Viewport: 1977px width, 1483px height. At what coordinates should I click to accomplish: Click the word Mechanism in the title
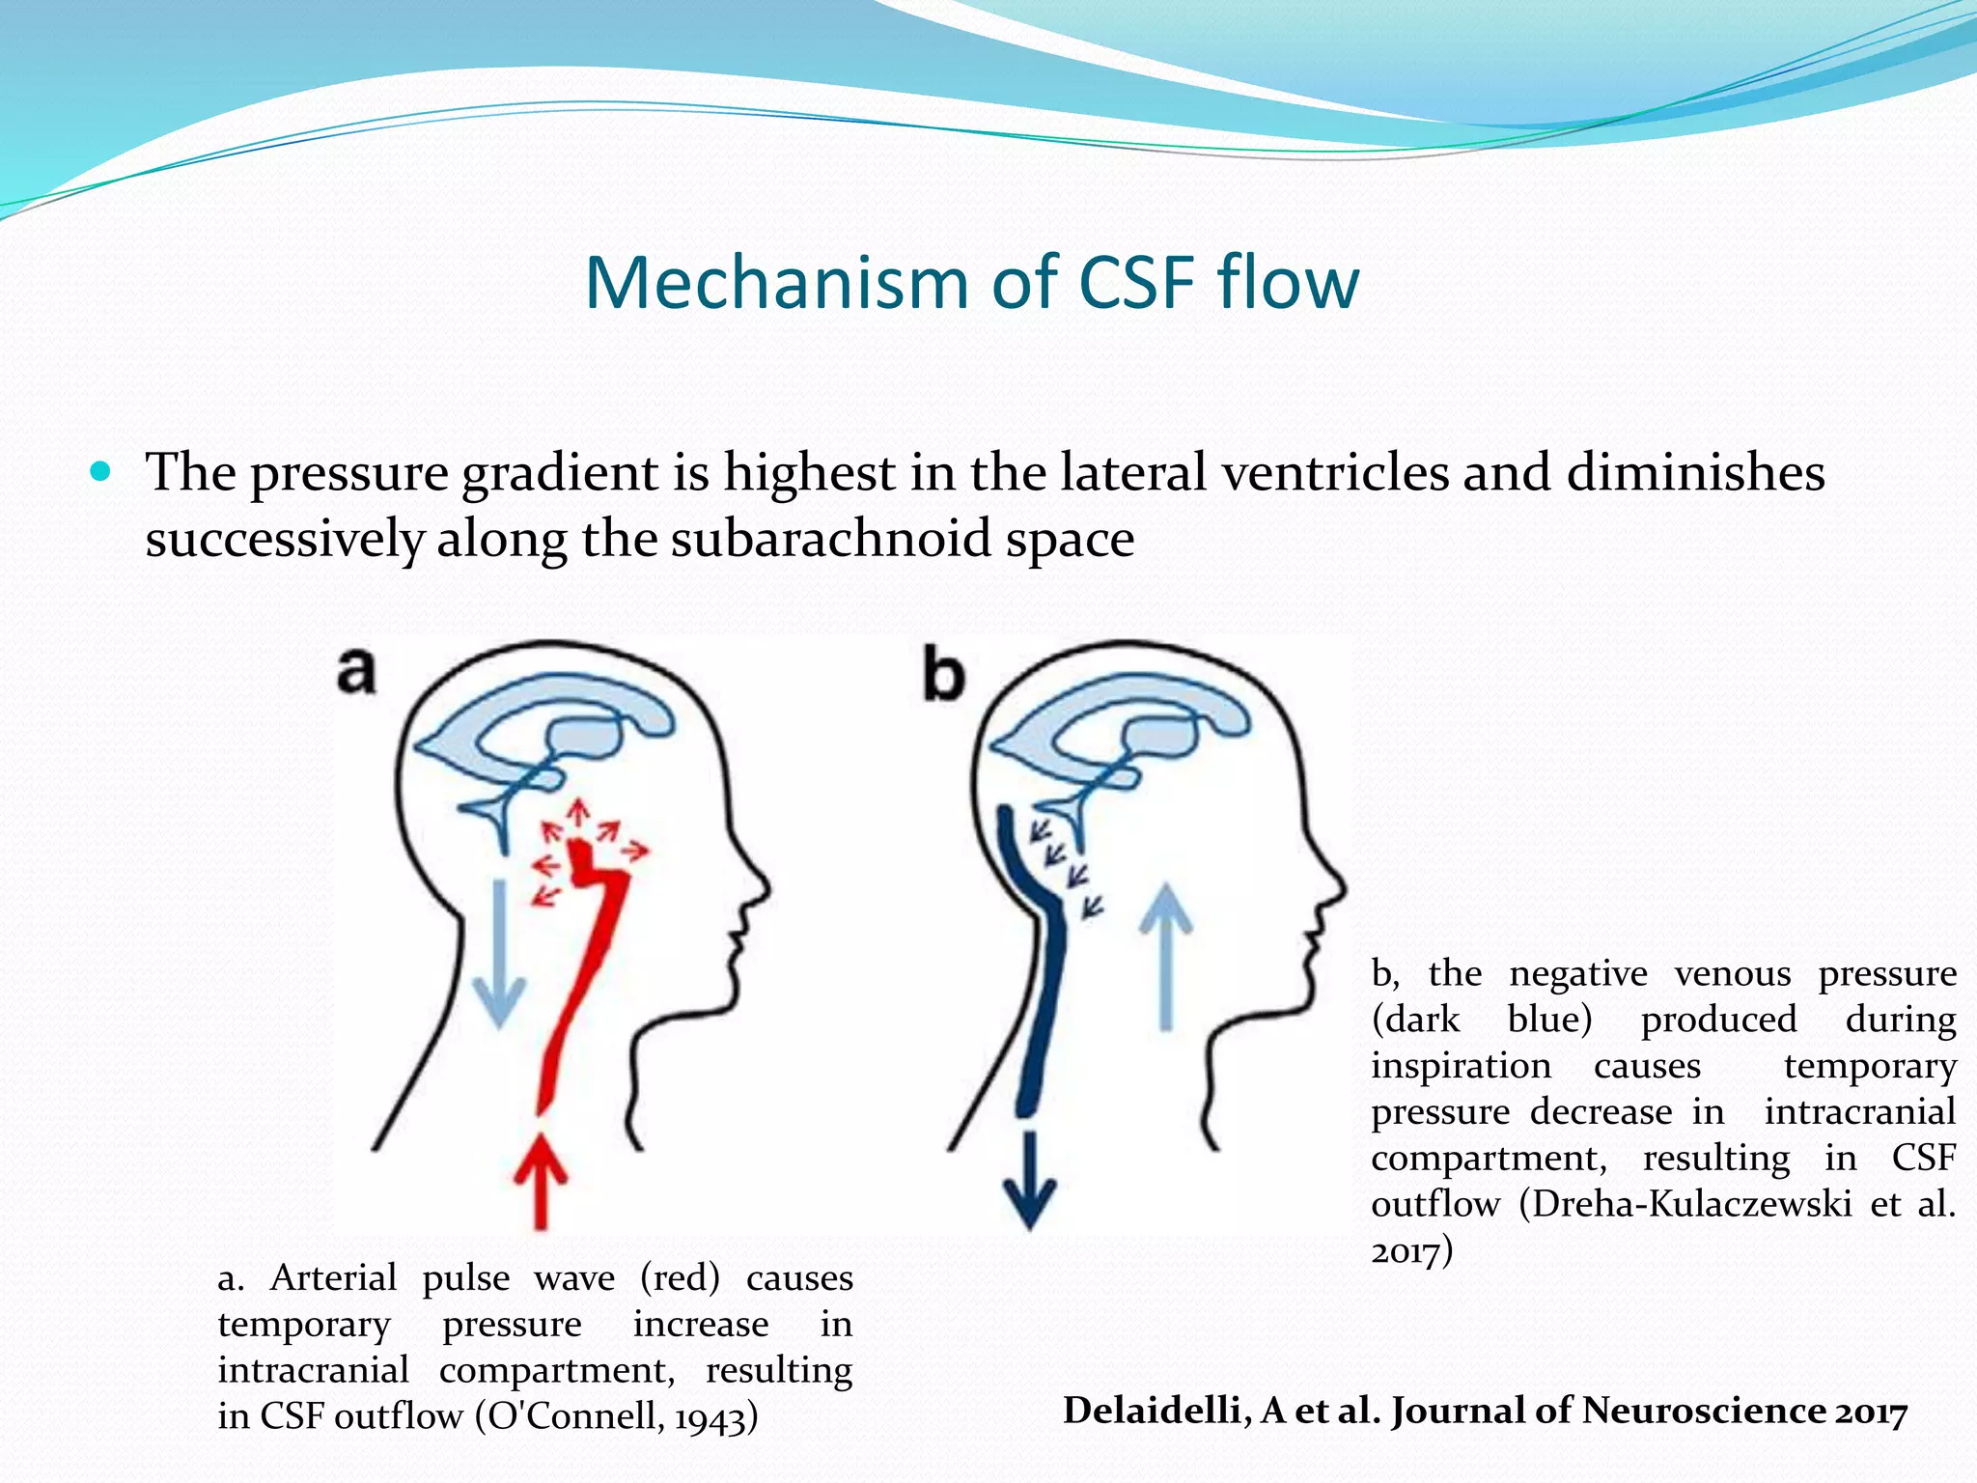775,283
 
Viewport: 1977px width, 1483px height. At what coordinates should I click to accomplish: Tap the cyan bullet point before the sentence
99,473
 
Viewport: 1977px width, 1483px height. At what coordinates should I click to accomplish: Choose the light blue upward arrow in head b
1166,956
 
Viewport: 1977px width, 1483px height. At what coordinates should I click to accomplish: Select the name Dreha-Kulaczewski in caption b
1691,1204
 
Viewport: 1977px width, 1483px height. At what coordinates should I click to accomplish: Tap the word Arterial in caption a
333,1277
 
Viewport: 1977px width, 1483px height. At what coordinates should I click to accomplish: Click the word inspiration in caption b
1461,1066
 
